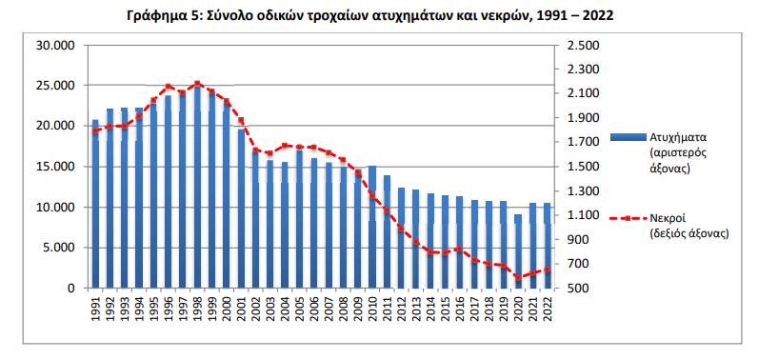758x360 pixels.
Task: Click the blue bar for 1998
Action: click(x=197, y=186)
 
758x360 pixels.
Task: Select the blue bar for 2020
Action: click(x=518, y=251)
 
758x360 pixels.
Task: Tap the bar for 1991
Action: click(x=95, y=204)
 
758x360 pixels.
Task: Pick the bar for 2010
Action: click(x=372, y=227)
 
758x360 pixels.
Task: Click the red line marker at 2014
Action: click(x=430, y=251)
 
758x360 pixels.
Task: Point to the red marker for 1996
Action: click(x=169, y=87)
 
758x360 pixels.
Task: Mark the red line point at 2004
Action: click(x=285, y=145)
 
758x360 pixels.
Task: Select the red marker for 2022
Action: click(x=547, y=270)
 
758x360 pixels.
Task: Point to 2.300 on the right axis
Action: click(x=583, y=70)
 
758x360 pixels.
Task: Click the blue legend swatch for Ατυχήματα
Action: click(x=628, y=137)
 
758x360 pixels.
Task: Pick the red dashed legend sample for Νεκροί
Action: click(x=628, y=218)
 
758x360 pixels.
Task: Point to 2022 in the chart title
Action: click(x=598, y=15)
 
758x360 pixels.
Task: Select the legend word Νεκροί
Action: click(x=668, y=218)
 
